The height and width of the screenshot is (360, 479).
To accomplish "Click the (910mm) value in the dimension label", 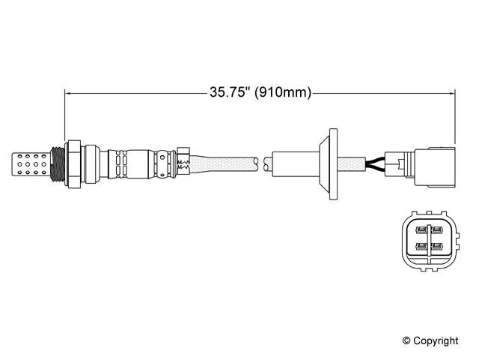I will (283, 94).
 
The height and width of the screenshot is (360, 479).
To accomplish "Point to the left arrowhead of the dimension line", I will (70, 94).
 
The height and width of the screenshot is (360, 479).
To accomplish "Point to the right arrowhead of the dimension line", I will (451, 94).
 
